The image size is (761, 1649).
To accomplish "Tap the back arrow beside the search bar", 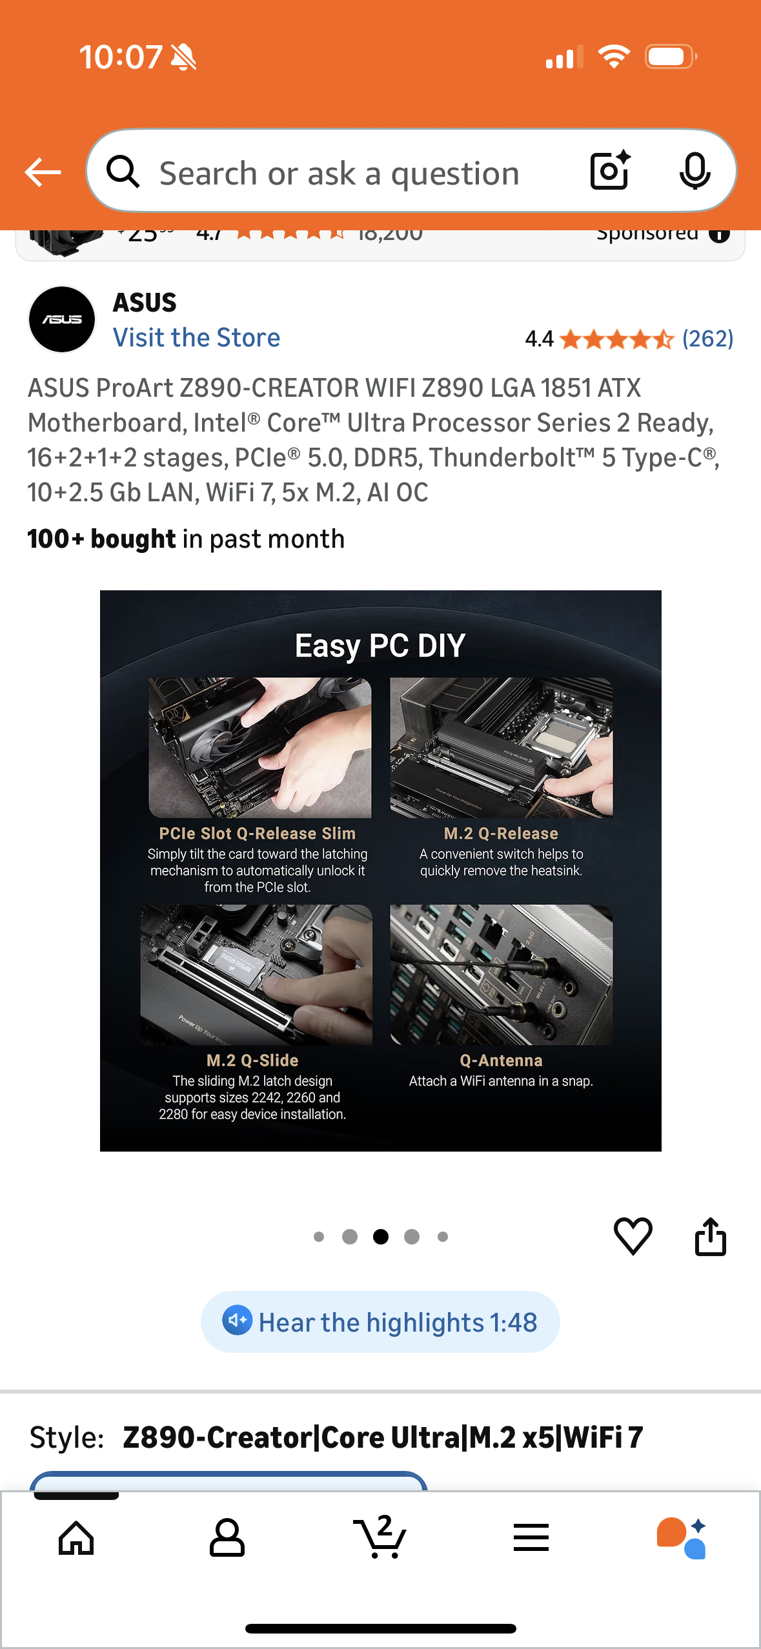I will (x=43, y=172).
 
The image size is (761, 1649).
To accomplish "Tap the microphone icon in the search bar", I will (x=695, y=172).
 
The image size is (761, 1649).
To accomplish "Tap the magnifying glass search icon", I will (x=123, y=172).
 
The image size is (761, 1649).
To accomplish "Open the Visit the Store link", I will (x=196, y=338).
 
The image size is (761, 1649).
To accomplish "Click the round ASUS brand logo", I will (x=62, y=319).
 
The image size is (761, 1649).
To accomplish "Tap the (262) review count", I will (x=707, y=339).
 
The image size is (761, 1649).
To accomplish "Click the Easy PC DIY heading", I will (x=380, y=646).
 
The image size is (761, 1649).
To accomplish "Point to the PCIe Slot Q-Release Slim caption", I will (x=257, y=834).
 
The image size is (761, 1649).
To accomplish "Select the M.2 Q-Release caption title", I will (x=501, y=834).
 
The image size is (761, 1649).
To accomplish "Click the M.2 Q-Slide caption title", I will (x=252, y=1061).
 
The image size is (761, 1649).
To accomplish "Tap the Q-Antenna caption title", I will (x=501, y=1061).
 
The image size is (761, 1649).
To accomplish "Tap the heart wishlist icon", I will (x=633, y=1236).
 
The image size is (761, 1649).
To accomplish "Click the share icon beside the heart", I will (x=710, y=1236).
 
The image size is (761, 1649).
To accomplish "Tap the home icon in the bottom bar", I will (x=76, y=1538).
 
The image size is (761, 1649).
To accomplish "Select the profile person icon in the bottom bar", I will (x=227, y=1538).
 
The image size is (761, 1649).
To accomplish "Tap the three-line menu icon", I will (x=531, y=1538).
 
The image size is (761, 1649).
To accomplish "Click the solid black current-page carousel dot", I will (x=381, y=1237).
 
